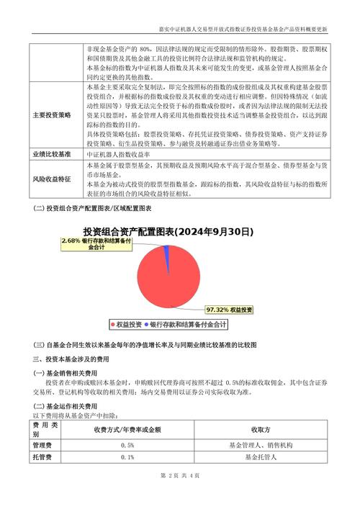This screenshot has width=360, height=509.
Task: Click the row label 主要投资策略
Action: pyautogui.click(x=52, y=115)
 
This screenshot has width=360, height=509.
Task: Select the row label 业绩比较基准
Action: pyautogui.click(x=52, y=154)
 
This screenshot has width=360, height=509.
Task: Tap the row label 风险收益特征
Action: pyautogui.click(x=52, y=179)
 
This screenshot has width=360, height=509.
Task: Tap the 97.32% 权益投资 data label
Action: pyautogui.click(x=230, y=310)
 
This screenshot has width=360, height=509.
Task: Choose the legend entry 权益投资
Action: pyautogui.click(x=127, y=325)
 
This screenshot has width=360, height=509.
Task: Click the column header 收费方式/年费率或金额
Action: pyautogui.click(x=127, y=430)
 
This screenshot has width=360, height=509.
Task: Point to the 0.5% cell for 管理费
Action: pyautogui.click(x=127, y=446)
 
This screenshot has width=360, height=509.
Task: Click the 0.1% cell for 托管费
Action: pyautogui.click(x=127, y=457)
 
